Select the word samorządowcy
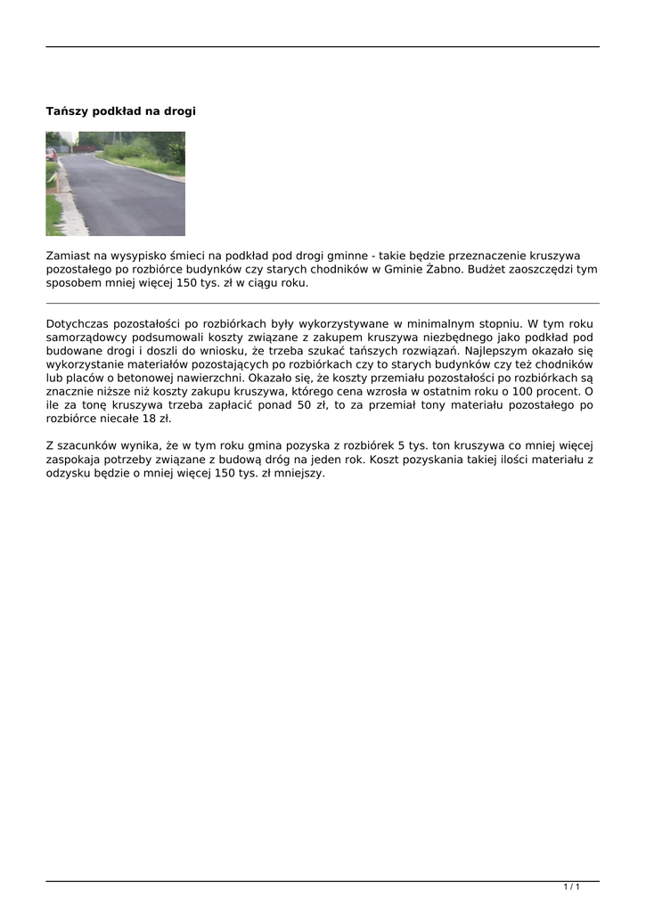click(88, 338)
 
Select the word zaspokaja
click(74, 460)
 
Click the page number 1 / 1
click(571, 887)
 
